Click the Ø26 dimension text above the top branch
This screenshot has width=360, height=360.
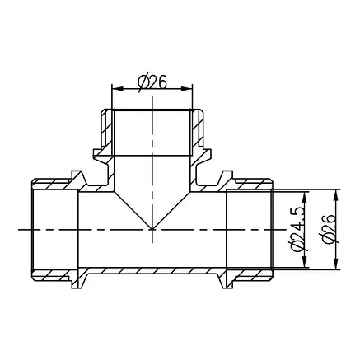click(152, 82)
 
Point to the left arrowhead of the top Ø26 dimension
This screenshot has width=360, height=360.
click(117, 89)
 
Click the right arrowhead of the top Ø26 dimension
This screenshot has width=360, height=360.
click(186, 89)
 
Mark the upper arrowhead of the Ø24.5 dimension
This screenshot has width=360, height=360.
click(305, 198)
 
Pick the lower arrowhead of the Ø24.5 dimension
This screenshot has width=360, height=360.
click(305, 262)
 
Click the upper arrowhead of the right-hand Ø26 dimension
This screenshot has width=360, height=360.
click(336, 195)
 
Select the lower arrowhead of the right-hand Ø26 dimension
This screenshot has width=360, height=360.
click(336, 264)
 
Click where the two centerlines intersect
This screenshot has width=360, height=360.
click(152, 229)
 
